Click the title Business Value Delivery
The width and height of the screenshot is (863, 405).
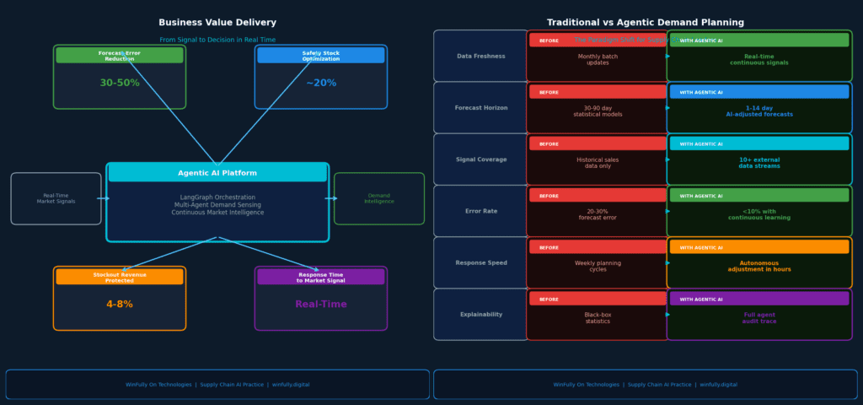pyautogui.click(x=217, y=23)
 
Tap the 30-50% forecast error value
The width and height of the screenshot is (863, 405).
pyautogui.click(x=120, y=83)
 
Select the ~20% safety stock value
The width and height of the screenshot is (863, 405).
pyautogui.click(x=321, y=83)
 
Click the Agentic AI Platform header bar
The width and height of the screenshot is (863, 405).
pyautogui.click(x=217, y=173)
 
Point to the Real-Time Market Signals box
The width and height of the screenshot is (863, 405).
pyautogui.click(x=56, y=198)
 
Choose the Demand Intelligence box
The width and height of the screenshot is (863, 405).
pyautogui.click(x=379, y=198)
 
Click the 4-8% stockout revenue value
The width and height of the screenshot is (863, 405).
pyautogui.click(x=120, y=305)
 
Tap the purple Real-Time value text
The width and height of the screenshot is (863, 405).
pyautogui.click(x=321, y=305)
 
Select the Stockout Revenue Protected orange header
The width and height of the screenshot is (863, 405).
pyautogui.click(x=120, y=277)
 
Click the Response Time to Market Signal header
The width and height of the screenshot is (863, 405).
pyautogui.click(x=321, y=277)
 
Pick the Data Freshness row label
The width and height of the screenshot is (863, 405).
pyautogui.click(x=481, y=57)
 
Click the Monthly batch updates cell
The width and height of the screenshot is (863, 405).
pyautogui.click(x=598, y=60)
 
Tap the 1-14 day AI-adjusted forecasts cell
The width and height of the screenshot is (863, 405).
pyautogui.click(x=759, y=111)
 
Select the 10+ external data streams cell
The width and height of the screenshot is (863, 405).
pyautogui.click(x=759, y=163)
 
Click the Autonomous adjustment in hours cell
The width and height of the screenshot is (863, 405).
pyautogui.click(x=759, y=266)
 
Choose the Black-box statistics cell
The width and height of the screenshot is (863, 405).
pyautogui.click(x=598, y=318)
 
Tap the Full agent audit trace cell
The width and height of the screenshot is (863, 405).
pyautogui.click(x=759, y=318)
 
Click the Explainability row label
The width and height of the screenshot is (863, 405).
pyautogui.click(x=481, y=315)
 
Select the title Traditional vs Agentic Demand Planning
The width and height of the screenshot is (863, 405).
pyautogui.click(x=646, y=23)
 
